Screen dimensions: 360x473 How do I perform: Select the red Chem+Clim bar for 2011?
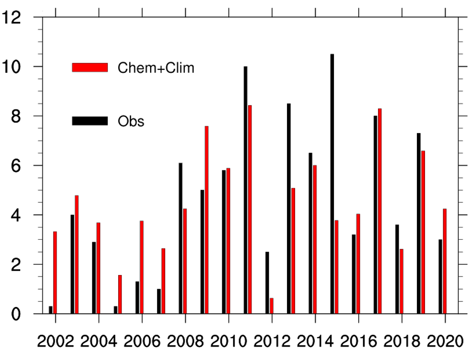250,209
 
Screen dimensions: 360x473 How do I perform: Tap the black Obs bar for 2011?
246,190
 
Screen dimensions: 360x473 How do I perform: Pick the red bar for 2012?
271,306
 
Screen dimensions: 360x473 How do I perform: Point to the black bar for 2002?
51,310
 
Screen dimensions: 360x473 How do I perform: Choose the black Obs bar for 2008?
180,238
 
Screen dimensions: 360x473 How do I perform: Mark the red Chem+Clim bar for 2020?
445,261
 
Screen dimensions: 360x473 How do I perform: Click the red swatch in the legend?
90,67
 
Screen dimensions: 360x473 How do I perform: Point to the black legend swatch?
90,121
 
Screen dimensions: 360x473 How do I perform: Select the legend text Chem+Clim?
156,68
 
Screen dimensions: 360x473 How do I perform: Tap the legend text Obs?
131,121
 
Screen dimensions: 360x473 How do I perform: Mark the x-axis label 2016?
358,342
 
